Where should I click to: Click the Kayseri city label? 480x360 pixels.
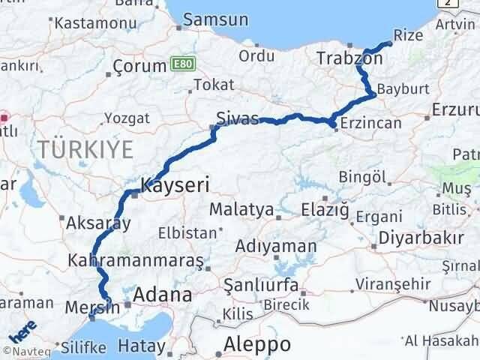(175, 184)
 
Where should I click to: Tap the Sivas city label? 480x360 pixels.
(237, 119)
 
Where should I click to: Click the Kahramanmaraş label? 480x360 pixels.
(136, 260)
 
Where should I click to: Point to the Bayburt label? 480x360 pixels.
(403, 88)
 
